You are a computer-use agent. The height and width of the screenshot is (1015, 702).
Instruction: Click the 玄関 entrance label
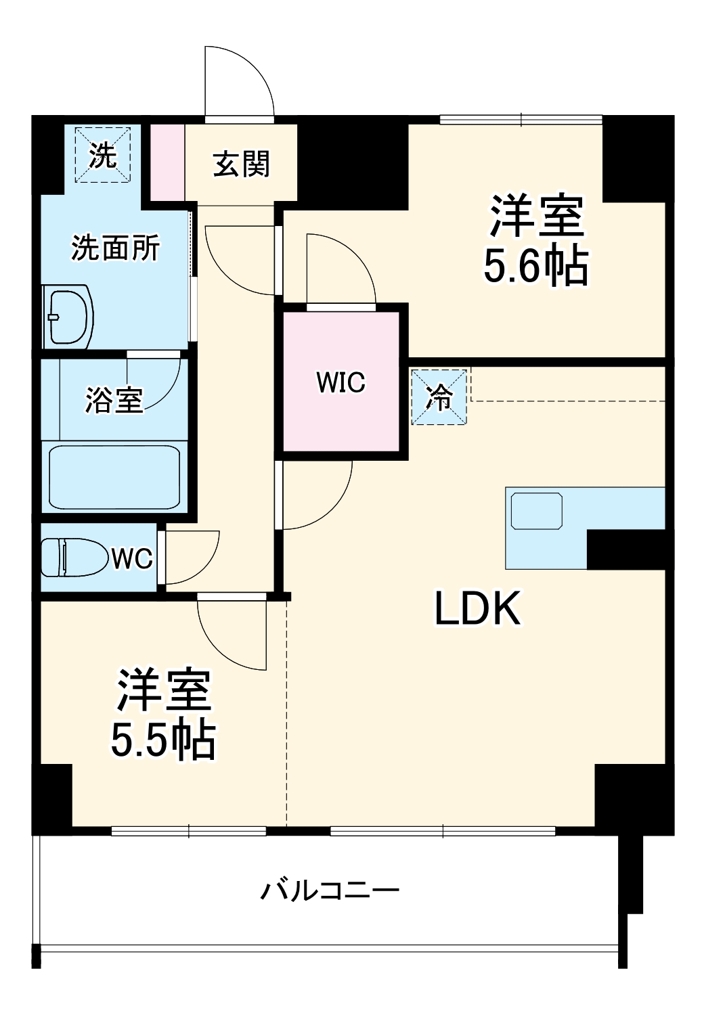pyautogui.click(x=241, y=164)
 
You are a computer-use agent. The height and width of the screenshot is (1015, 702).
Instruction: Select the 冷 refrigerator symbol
pyautogui.click(x=439, y=397)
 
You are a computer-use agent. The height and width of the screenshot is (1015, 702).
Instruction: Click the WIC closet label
pyautogui.click(x=341, y=382)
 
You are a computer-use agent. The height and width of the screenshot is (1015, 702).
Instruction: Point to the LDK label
pyautogui.click(x=477, y=608)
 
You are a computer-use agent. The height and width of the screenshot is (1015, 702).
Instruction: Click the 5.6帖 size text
pyautogui.click(x=535, y=267)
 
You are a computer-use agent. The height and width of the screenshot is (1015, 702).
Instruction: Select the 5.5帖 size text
pyautogui.click(x=163, y=740)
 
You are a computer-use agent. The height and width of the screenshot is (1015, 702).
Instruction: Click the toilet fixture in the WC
pyautogui.click(x=74, y=558)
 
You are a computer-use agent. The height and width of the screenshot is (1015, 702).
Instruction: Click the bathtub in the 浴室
pyautogui.click(x=114, y=477)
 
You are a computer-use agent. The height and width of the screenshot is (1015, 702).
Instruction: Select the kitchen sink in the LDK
pyautogui.click(x=537, y=512)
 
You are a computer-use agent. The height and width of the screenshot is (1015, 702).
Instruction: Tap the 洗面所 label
pyautogui.click(x=115, y=248)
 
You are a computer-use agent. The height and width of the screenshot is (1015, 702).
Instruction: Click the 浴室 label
pyautogui.click(x=114, y=400)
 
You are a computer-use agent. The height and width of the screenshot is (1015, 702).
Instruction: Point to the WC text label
pyautogui.click(x=132, y=559)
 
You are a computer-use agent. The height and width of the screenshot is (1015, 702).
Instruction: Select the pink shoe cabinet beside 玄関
pyautogui.click(x=167, y=162)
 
